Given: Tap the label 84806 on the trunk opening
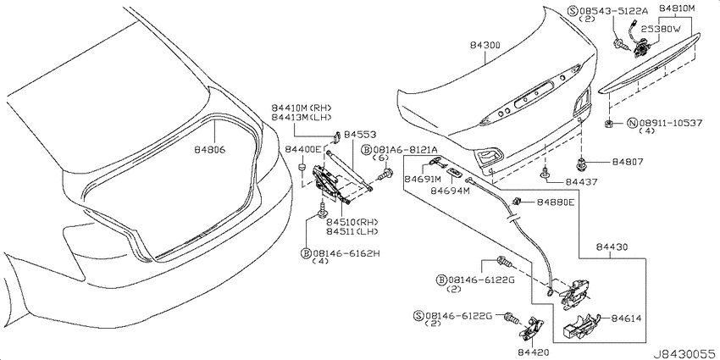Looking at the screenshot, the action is pos(209,150).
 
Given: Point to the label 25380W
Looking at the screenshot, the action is pos(660,29).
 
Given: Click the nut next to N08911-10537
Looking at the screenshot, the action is pos(608,123).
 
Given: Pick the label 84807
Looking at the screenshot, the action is pos(627,162).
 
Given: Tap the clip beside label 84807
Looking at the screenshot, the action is pos(580,163).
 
